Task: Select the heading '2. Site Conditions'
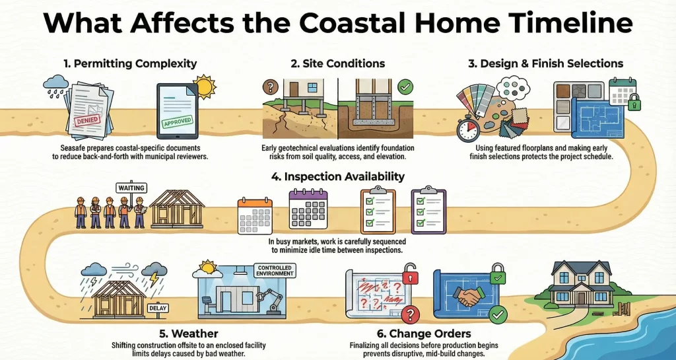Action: coord(338,64)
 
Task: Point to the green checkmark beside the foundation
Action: coord(405,87)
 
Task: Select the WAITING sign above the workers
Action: coord(131,188)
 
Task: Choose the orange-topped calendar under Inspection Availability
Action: coord(255,212)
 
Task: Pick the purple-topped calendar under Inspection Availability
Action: coord(308,209)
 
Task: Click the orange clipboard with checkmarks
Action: coord(378,211)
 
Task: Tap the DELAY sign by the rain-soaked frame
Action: coord(157,308)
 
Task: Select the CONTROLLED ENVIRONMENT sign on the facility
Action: coord(273,271)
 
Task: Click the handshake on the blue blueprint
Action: coord(469,298)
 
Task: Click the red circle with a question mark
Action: coord(411,314)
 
